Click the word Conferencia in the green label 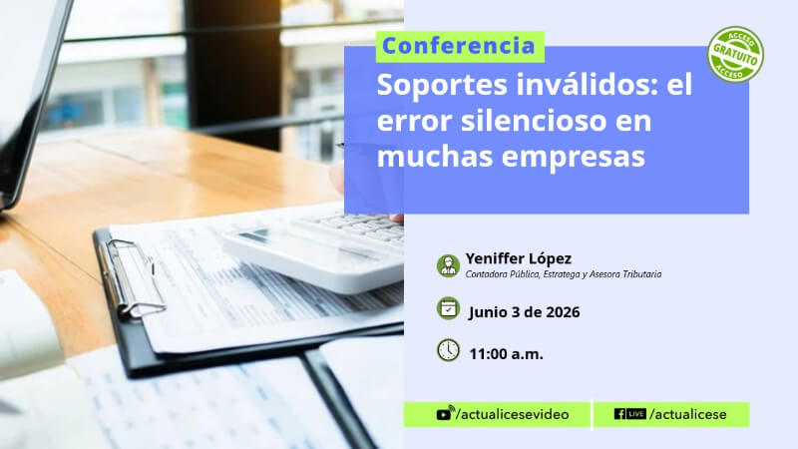[x=458, y=46]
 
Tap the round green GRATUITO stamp [x=735, y=55]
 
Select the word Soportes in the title [x=442, y=86]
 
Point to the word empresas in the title [x=573, y=157]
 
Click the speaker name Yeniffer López [x=519, y=258]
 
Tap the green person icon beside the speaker [x=448, y=265]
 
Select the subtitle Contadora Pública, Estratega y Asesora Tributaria [x=564, y=274]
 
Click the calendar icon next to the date [x=448, y=308]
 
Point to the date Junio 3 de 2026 [x=525, y=312]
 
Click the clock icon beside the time [x=448, y=350]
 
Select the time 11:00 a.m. [x=506, y=354]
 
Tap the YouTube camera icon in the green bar [x=445, y=413]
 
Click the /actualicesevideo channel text [x=513, y=414]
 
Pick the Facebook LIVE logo [x=630, y=414]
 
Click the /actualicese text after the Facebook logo [x=688, y=414]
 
